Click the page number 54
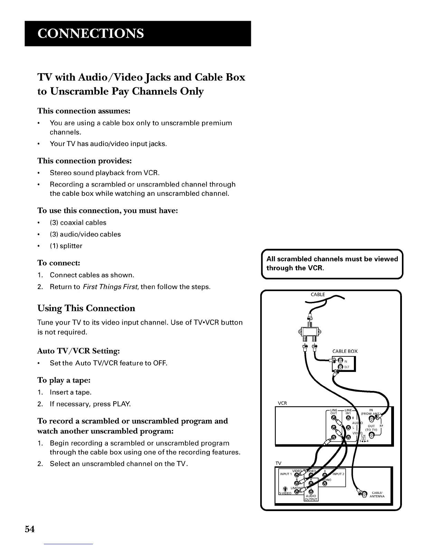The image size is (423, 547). (x=30, y=529)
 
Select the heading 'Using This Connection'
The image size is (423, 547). (x=86, y=308)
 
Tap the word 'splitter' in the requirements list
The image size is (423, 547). (x=71, y=246)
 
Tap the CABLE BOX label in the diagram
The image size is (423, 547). (x=345, y=351)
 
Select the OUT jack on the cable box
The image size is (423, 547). (x=340, y=367)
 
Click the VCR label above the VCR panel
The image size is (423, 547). (x=282, y=403)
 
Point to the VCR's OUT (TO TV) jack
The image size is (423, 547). (x=371, y=435)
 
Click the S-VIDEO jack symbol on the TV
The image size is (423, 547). (x=285, y=489)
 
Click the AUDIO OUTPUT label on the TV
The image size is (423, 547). (x=311, y=498)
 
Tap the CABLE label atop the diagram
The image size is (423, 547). (x=318, y=295)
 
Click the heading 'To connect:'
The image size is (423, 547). (x=59, y=263)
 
